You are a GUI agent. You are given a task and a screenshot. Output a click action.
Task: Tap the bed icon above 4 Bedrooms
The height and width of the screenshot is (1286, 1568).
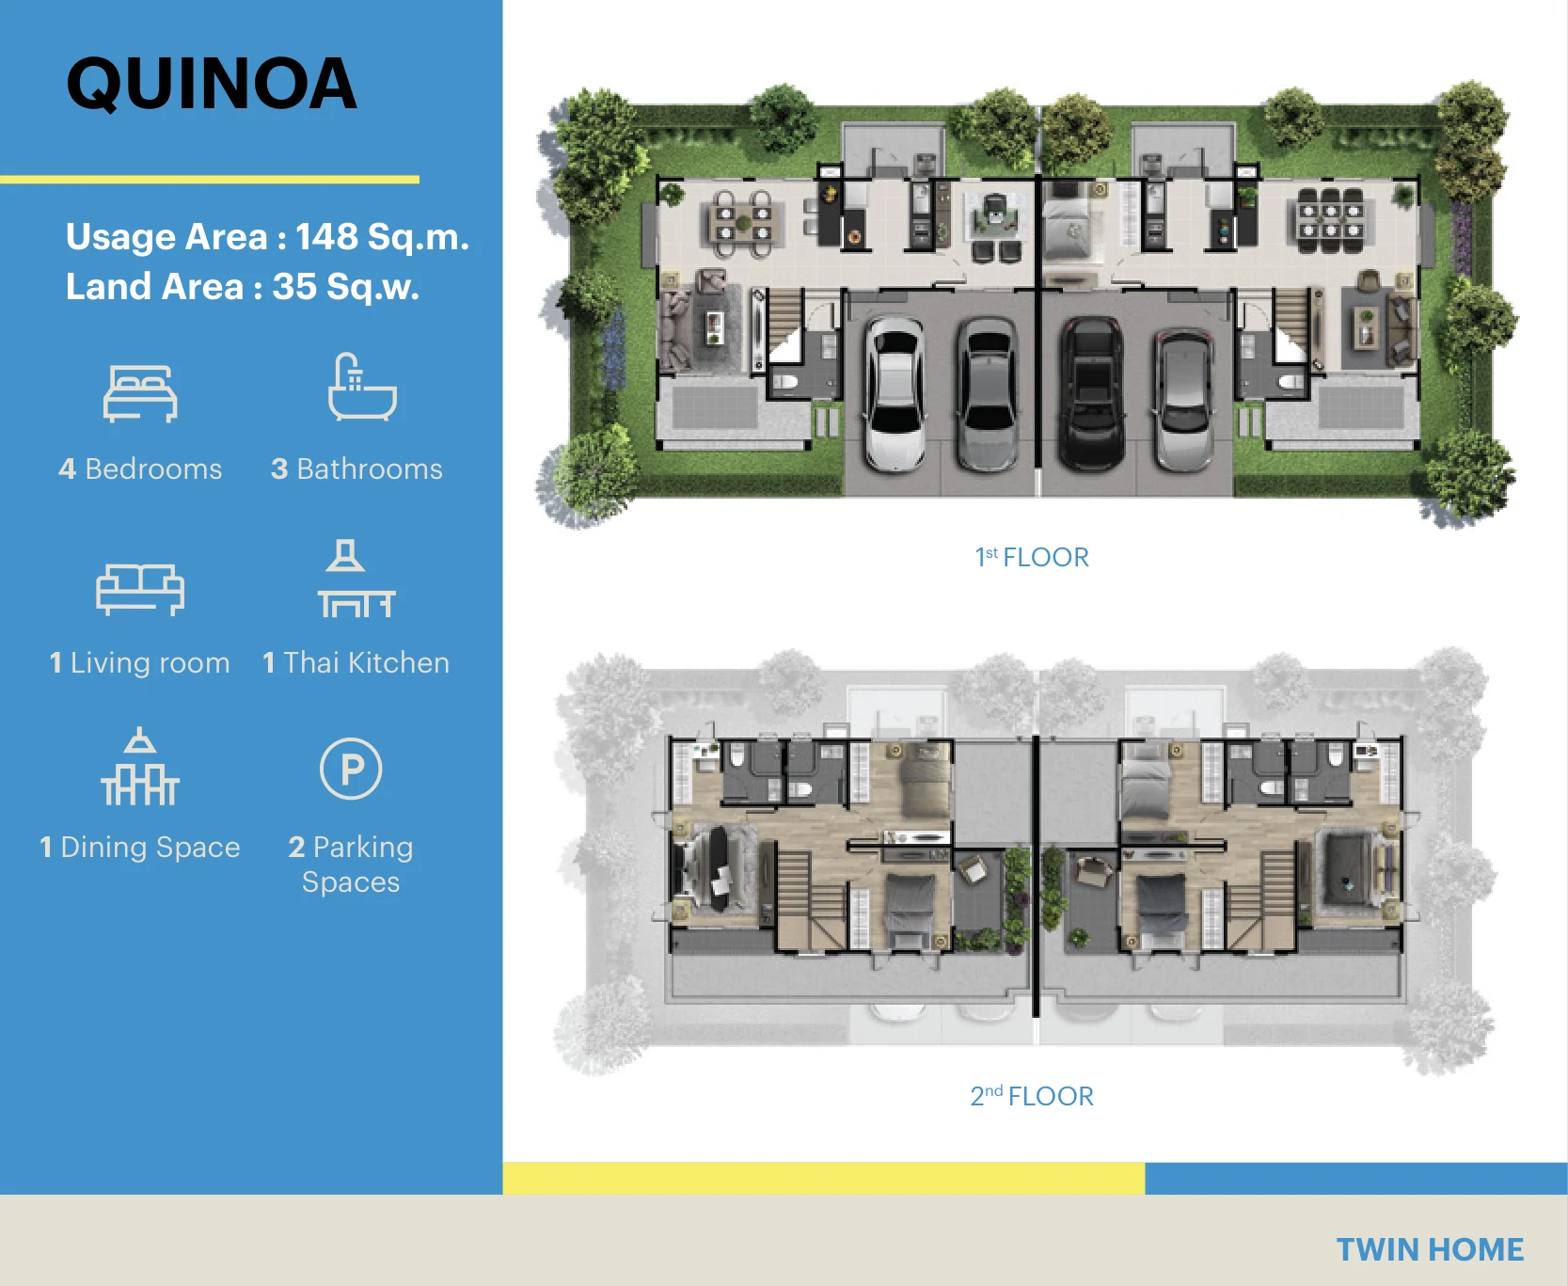tap(140, 393)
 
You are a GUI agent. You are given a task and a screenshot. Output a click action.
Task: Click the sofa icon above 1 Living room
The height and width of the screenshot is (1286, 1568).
tap(140, 589)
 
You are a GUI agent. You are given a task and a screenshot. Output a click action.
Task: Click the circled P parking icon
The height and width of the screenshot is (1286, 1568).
tap(351, 769)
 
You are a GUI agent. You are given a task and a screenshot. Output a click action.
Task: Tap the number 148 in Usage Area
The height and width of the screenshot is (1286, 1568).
tap(326, 237)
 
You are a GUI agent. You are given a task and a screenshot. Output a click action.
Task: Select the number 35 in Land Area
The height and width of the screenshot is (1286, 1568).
tap(294, 287)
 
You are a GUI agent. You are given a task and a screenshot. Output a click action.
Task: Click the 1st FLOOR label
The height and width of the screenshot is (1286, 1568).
tap(1032, 557)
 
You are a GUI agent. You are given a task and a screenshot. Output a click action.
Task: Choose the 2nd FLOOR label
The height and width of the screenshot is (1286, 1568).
tap(1032, 1096)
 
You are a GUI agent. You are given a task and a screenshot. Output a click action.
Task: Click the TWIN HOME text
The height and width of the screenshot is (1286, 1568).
tap(1430, 1249)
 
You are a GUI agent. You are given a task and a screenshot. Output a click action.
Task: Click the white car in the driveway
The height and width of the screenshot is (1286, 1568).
tap(895, 392)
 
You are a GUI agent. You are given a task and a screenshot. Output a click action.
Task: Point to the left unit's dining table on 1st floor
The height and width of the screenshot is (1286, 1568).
tap(743, 224)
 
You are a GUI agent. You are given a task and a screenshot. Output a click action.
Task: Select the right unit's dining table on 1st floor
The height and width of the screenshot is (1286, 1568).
tap(1330, 220)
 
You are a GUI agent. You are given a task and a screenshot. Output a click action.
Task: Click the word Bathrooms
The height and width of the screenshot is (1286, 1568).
tap(370, 469)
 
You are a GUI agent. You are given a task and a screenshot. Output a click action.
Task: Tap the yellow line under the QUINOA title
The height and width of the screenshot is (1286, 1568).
tap(210, 179)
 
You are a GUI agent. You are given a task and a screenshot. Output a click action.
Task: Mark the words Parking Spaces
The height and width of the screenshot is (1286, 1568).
tap(351, 865)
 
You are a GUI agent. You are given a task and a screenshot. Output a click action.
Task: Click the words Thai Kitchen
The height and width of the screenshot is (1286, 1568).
tap(367, 663)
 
